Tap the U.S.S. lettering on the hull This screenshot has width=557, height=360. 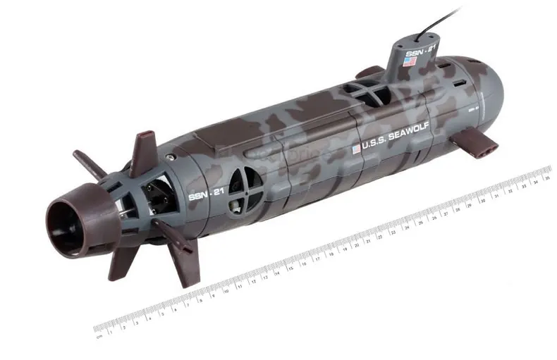[372, 147]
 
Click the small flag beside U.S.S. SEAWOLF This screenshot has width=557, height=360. [356, 149]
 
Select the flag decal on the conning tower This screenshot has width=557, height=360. [410, 62]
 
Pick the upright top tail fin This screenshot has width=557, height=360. [145, 149]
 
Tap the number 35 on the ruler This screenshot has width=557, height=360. [546, 178]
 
